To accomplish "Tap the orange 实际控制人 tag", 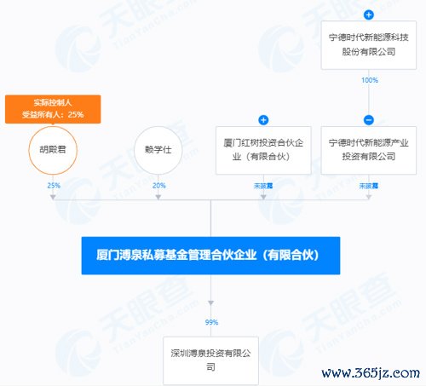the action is pos(53,109).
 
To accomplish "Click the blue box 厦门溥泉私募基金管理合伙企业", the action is pos(210,256).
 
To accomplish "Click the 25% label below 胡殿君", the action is pos(54,186).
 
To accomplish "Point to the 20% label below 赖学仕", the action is pos(159,186).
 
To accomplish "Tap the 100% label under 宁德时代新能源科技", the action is pos(370,80).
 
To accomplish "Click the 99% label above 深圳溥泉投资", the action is pos(211,322).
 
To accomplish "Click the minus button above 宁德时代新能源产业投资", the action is pos(369,120).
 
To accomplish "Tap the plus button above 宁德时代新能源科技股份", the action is pos(369,14).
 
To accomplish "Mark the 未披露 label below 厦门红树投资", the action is pos(263,186).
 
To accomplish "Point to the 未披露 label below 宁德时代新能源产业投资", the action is pos(369,186).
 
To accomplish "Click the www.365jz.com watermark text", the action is pos(371,372).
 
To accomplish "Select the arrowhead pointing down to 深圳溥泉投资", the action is pos(210,303).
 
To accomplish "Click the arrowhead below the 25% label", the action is pos(53,197).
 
